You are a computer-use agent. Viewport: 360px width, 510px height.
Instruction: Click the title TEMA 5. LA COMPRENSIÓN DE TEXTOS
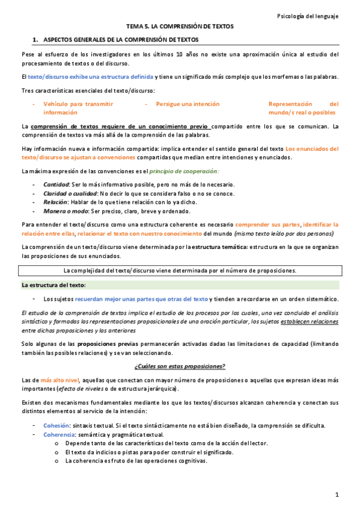pos(180,27)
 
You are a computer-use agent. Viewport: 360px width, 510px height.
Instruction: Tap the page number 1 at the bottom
pos(337,494)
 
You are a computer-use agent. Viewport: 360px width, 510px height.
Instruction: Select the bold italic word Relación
pos(56,202)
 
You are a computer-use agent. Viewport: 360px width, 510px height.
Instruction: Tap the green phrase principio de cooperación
pos(175,172)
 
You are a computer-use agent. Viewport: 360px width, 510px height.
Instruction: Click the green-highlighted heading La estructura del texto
pos(53,284)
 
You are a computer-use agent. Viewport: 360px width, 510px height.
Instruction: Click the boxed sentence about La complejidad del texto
pos(180,271)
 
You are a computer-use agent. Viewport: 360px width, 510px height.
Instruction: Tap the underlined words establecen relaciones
pos(309,322)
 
